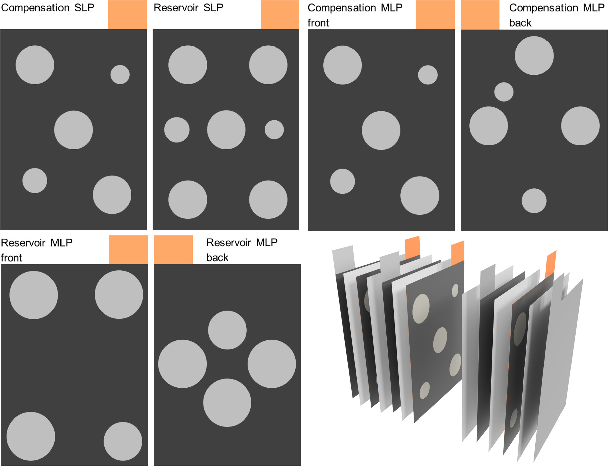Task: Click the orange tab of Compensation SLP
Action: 127,14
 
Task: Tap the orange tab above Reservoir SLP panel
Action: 280,14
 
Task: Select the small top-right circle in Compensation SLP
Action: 120,74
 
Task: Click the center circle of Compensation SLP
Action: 74,130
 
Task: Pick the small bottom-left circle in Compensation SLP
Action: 35,180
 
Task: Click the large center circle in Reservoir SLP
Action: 226,130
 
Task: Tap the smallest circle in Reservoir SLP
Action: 274,130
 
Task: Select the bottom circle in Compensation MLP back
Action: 534,201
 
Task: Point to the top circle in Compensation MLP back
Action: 534,56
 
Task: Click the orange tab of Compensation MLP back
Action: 480,15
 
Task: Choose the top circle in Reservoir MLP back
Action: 227,330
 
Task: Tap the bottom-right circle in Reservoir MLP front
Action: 123,441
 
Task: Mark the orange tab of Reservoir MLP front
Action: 128,250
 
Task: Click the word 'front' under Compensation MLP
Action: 318,23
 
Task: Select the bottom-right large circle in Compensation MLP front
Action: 420,195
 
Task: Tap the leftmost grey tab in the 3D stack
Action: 343,260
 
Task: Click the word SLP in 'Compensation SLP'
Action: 84,8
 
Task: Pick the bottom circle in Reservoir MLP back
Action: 227,402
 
